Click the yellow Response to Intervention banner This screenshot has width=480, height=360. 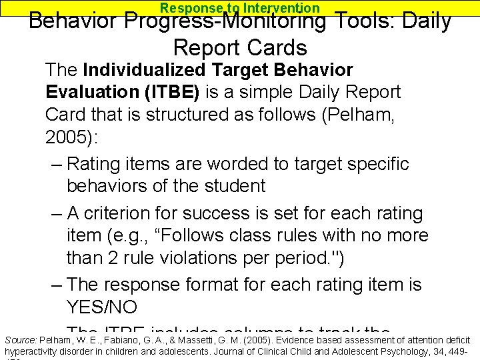point(240,8)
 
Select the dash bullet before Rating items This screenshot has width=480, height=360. point(57,164)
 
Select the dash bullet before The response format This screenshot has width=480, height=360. point(57,285)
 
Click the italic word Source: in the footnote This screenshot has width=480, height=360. point(21,339)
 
